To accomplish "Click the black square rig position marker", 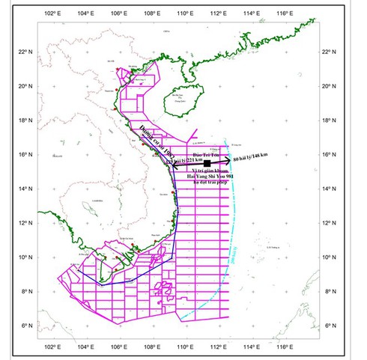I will point(207,162).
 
